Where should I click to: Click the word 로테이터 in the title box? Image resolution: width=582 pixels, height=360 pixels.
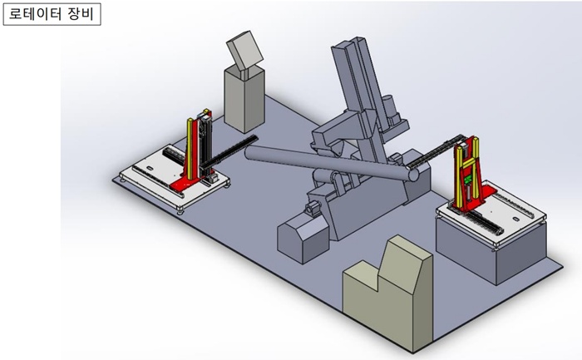coord(35,14)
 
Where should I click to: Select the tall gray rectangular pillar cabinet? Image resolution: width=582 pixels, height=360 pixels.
coord(244,101)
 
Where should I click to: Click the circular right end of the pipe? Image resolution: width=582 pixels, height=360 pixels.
coord(413,175)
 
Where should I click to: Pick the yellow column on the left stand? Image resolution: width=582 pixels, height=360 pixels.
coord(190,149)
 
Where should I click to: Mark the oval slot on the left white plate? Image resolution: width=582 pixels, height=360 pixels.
coord(150,168)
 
